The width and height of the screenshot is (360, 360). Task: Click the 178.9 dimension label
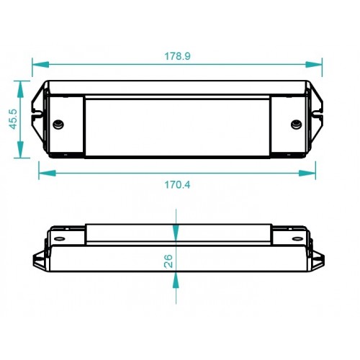(177, 56)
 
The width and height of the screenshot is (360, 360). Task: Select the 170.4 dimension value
(177, 185)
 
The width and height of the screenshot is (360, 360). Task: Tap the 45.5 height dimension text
(13, 119)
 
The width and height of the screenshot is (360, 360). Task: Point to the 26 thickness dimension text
(168, 261)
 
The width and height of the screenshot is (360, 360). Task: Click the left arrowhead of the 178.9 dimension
(40, 64)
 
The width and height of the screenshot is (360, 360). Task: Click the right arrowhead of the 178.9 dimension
(314, 64)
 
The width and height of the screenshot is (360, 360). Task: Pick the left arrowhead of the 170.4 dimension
(48, 173)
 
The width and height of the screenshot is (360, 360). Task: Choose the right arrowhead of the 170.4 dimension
(307, 173)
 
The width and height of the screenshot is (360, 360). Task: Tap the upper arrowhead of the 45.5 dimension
(20, 89)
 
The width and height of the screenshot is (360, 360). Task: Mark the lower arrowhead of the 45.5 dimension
(20, 150)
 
